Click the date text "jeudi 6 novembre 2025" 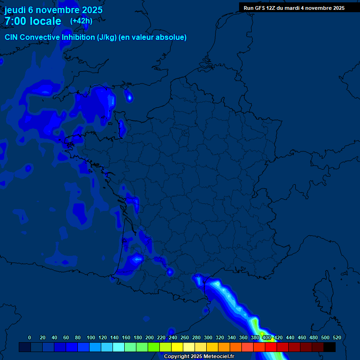coord(53,10)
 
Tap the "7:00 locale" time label coord(33,21)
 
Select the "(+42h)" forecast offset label coord(81,21)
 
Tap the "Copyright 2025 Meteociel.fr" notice coord(199,356)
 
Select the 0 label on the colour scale coord(30,337)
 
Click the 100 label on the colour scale coord(91,337)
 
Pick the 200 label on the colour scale coord(150,337)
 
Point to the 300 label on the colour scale coord(208,337)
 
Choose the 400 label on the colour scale coord(267,337)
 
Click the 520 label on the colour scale coord(337,337)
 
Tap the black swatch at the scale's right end coord(330,347)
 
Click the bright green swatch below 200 coord(153,347)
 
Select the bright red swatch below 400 coord(271,347)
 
